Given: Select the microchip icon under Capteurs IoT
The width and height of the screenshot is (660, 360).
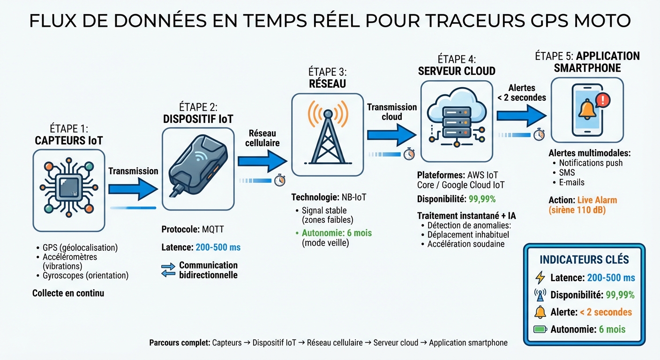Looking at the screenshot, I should pos(69,190).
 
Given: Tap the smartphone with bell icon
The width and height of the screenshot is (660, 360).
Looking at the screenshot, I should pos(587,110).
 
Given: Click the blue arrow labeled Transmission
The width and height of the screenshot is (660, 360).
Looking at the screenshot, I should pos(133,189).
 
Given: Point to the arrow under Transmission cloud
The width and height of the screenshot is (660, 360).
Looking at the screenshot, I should pos(391,135).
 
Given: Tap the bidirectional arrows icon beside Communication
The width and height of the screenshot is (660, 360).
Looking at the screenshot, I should pos(168,270).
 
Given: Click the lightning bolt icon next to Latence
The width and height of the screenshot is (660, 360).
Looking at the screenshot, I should pos(540,277).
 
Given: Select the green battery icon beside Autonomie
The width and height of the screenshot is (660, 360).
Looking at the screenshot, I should pos(540,329).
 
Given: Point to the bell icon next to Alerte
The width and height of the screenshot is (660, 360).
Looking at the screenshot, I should pos(540,312).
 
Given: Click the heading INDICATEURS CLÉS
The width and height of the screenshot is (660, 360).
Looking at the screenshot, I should pos(584,260).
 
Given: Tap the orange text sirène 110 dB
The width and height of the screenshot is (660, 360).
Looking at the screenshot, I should pos(577,210).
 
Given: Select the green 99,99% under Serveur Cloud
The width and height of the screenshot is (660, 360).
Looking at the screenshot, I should pos(482,199).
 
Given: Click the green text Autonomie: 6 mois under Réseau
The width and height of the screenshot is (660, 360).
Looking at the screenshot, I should pos(337,233).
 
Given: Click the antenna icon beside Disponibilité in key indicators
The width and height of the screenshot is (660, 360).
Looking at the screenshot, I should pos(540,295).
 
